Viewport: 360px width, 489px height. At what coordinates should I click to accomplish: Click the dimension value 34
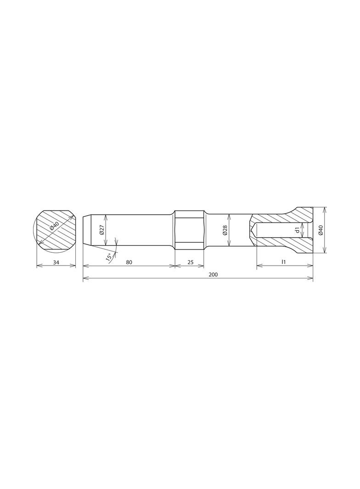point(56,262)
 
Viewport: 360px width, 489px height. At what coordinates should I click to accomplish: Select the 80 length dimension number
point(129,262)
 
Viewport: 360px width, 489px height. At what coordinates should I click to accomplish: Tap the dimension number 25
point(189,262)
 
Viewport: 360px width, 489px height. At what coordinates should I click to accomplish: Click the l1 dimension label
point(284,262)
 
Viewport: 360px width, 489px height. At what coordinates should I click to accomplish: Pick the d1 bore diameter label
point(298,230)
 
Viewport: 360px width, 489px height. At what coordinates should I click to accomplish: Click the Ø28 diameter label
point(225,230)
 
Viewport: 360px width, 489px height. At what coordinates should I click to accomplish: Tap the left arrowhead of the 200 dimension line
point(84,278)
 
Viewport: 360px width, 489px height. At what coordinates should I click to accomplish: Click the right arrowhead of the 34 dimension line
point(74,266)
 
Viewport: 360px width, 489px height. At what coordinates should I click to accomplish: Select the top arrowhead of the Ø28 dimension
point(229,215)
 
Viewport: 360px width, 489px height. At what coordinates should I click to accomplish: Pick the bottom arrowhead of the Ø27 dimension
point(106,245)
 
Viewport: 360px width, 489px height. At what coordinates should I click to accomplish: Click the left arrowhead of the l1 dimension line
point(258,266)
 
